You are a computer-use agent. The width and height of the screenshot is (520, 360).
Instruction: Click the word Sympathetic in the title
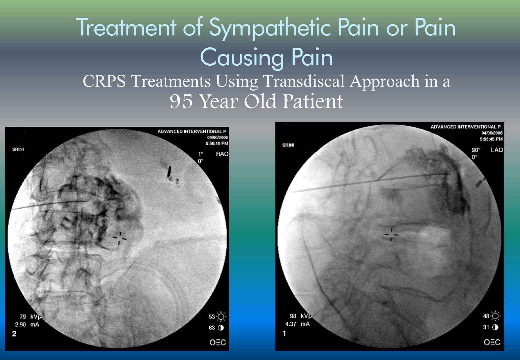pos(270,28)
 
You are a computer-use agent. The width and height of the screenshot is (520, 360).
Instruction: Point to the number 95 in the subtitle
pos(181,101)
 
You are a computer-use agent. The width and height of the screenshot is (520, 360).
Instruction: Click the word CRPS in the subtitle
pos(104,81)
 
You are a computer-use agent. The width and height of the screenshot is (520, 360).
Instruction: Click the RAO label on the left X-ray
pos(222,154)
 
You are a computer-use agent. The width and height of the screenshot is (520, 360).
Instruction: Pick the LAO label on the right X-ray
pos(497,150)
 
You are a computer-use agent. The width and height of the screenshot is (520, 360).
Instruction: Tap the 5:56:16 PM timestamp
pos(217,144)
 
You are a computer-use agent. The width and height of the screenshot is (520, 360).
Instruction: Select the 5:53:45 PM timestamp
pos(491,139)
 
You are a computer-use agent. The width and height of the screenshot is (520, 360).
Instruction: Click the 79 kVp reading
pos(30,316)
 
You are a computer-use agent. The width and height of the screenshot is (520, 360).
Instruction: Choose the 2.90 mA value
pos(27,325)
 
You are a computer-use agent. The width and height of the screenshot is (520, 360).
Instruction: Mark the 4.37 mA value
pos(298,324)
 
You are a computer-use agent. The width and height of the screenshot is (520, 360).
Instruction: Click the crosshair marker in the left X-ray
pos(120,238)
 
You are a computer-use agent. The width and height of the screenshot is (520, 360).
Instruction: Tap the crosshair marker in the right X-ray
pos(391,234)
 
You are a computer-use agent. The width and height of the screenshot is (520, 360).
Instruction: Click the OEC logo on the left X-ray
pos(218,343)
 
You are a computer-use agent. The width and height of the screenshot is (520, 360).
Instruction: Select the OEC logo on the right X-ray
pos(492,342)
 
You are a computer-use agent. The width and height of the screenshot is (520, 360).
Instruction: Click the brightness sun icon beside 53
pos(221,316)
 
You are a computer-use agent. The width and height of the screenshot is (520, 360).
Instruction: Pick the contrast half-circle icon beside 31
pos(495,327)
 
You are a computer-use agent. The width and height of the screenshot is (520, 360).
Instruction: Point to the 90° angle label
pos(476,150)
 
